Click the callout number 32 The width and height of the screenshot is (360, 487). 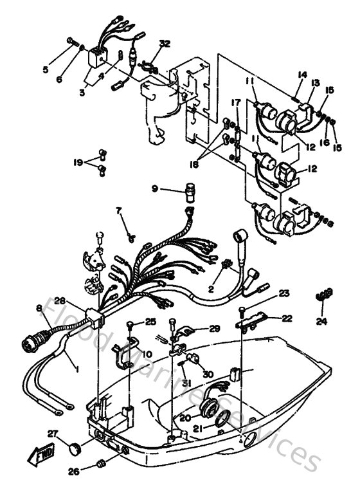[x=165, y=43]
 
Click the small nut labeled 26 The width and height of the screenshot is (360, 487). [x=100, y=463]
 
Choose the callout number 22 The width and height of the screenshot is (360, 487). [x=285, y=318]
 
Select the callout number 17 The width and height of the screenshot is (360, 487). [x=236, y=102]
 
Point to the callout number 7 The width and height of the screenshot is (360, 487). [x=118, y=210]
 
